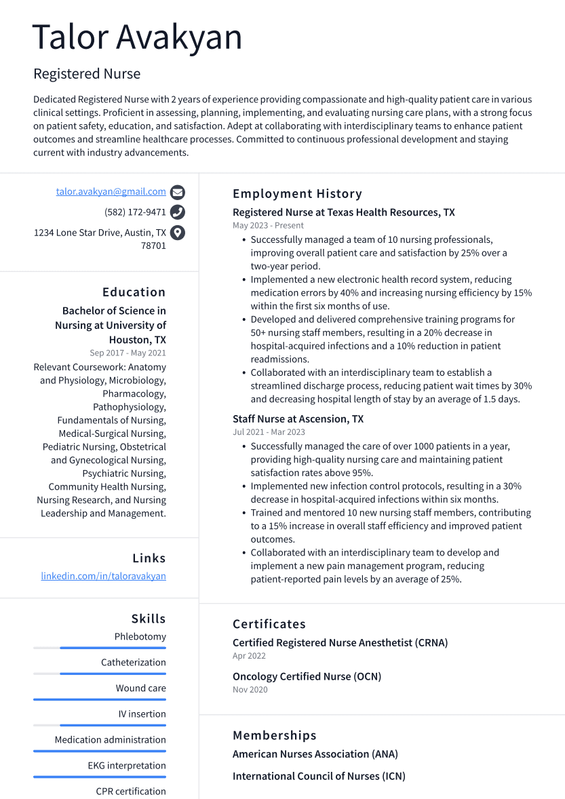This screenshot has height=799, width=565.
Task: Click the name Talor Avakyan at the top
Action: point(137,37)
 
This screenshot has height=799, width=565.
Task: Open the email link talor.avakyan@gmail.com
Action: point(111,192)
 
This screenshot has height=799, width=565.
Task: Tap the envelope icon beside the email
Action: point(177,192)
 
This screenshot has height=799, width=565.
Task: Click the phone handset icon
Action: point(177,212)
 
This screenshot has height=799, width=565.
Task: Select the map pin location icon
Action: point(177,233)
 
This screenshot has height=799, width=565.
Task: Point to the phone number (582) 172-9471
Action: point(135,212)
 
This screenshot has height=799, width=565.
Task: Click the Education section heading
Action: point(134,292)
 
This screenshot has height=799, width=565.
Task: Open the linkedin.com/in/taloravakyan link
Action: point(103,576)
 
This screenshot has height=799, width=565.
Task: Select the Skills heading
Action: point(149,619)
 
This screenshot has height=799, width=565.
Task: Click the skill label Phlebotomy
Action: point(140,637)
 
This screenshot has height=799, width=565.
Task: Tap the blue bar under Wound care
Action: point(100,699)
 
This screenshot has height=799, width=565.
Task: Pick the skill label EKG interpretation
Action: point(127,766)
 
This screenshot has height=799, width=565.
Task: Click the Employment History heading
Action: point(297,194)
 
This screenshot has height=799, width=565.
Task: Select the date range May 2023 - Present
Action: point(268,225)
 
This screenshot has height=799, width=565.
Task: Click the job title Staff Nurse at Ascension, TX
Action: point(298,419)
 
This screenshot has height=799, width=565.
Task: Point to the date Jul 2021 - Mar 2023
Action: point(269,432)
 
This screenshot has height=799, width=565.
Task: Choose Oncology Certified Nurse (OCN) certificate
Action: point(307,676)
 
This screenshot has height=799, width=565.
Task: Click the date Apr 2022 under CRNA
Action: point(249,656)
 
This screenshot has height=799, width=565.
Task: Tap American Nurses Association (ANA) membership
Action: point(315,754)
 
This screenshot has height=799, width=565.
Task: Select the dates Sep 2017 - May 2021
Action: point(128,353)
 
